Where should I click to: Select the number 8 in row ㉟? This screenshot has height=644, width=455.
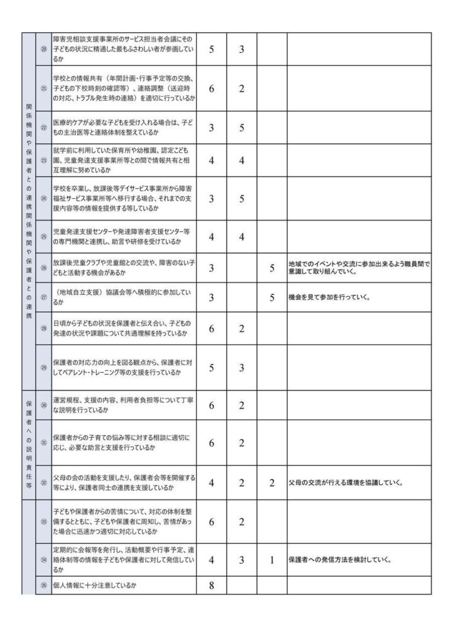click(x=212, y=586)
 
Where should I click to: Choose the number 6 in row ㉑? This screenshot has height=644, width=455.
click(x=212, y=89)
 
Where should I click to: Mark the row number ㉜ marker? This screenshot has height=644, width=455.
click(x=43, y=483)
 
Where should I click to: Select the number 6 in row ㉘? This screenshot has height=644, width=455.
click(x=212, y=328)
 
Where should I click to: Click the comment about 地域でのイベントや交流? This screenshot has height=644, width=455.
click(x=358, y=268)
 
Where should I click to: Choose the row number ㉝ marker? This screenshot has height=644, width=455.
click(x=43, y=521)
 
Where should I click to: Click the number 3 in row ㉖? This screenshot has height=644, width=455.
click(x=212, y=268)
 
